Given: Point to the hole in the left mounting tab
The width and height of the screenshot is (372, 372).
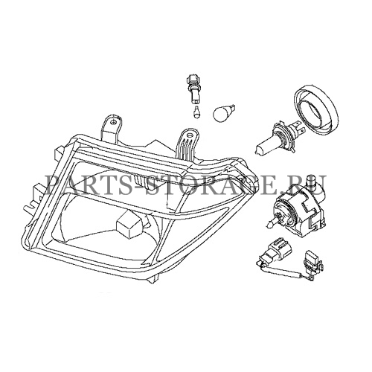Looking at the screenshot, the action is pos(121,123).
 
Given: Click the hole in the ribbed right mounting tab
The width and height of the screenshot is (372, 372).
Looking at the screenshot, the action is pos(190,135).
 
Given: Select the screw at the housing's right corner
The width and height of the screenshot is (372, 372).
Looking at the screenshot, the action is pos(240,179).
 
